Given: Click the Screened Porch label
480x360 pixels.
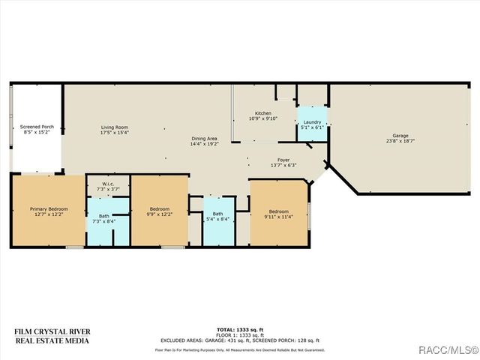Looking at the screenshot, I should coord(37,127).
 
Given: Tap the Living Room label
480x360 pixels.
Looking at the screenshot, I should coord(115,127).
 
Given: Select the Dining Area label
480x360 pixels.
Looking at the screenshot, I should coord(204,138).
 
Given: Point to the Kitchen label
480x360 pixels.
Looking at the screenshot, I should coord(262,113).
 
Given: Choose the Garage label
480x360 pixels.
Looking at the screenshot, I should coord(400,136).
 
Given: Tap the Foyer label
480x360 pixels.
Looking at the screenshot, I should coord(283,160).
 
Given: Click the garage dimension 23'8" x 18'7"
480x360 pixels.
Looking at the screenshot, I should coord(400,141).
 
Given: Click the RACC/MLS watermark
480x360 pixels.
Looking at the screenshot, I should coord(449,349).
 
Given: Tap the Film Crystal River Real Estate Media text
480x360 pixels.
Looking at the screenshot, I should coord(52,335).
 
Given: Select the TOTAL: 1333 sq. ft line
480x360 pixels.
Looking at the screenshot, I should coord(239,330).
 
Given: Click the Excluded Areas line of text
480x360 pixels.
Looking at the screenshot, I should coord(239,340).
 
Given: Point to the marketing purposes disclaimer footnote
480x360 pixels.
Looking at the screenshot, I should coord(239,349).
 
